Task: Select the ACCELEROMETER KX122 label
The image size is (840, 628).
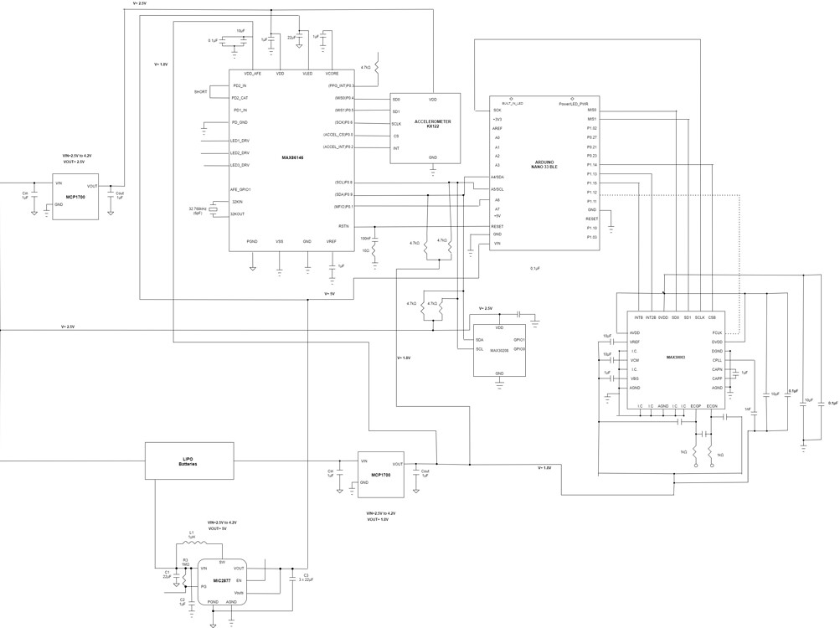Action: pyautogui.click(x=432, y=124)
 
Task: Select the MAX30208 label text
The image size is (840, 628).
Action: pyautogui.click(x=499, y=351)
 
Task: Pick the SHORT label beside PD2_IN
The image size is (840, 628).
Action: pyautogui.click(x=200, y=91)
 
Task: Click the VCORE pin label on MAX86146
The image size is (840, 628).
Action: pyautogui.click(x=332, y=74)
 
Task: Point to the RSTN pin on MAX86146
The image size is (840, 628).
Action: pyautogui.click(x=343, y=226)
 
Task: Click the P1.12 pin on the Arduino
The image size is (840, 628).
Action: pyautogui.click(x=591, y=192)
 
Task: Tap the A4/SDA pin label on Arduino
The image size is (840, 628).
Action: pyautogui.click(x=497, y=178)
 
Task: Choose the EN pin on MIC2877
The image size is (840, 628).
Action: pyautogui.click(x=239, y=580)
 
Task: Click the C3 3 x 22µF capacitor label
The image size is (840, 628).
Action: pyautogui.click(x=307, y=577)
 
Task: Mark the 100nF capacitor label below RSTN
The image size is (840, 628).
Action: pyautogui.click(x=364, y=239)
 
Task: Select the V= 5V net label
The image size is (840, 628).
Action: pyautogui.click(x=329, y=294)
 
